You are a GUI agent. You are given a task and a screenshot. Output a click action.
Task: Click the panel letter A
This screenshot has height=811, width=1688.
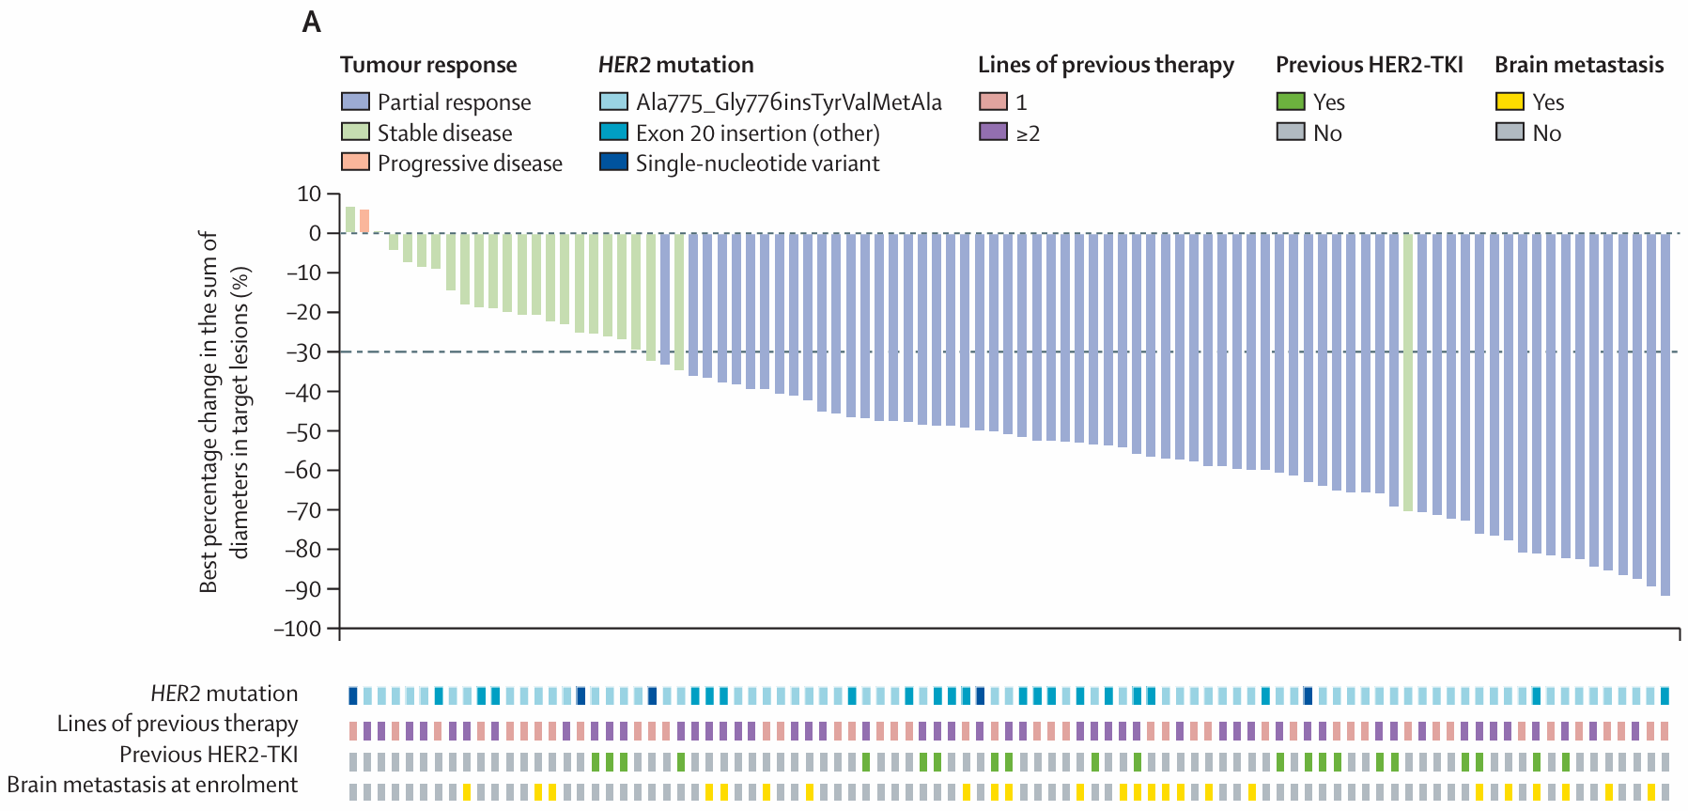click(x=312, y=23)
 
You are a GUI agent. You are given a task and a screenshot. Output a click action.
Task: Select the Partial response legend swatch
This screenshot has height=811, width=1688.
click(x=355, y=101)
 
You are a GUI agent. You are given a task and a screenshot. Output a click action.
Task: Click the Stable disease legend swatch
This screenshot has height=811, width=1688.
click(x=355, y=133)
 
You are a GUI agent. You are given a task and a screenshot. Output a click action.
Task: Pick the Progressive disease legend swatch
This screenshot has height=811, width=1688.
click(x=355, y=163)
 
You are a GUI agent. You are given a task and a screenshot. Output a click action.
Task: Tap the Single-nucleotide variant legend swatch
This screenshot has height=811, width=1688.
click(x=613, y=163)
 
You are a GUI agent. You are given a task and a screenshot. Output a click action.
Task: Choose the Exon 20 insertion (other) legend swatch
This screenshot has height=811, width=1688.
click(x=613, y=133)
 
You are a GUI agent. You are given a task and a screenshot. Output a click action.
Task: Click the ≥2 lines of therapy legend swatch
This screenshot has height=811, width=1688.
click(x=993, y=133)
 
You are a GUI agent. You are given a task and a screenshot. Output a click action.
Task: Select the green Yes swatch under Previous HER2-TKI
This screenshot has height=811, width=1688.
click(x=1291, y=101)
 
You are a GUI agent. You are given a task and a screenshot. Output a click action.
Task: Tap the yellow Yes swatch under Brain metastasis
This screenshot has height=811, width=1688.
click(x=1510, y=101)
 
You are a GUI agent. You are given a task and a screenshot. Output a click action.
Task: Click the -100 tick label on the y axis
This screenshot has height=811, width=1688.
click(x=297, y=629)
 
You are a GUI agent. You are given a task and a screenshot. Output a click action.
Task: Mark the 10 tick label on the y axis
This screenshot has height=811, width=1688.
click(x=309, y=194)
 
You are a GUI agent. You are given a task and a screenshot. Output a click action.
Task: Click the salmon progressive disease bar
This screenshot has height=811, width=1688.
click(x=364, y=221)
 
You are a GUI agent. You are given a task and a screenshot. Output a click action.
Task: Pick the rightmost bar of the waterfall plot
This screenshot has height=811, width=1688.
click(x=1665, y=413)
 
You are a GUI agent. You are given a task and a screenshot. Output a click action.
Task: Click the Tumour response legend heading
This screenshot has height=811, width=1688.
click(x=428, y=65)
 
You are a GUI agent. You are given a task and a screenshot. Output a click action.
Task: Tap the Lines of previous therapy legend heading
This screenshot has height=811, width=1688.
click(x=1106, y=65)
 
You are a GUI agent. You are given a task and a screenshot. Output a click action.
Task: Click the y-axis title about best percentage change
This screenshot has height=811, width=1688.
click(x=224, y=412)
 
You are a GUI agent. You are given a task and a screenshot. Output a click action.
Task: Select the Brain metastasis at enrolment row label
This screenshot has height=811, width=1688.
click(x=152, y=785)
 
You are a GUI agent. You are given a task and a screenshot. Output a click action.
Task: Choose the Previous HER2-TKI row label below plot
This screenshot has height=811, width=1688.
click(x=209, y=755)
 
